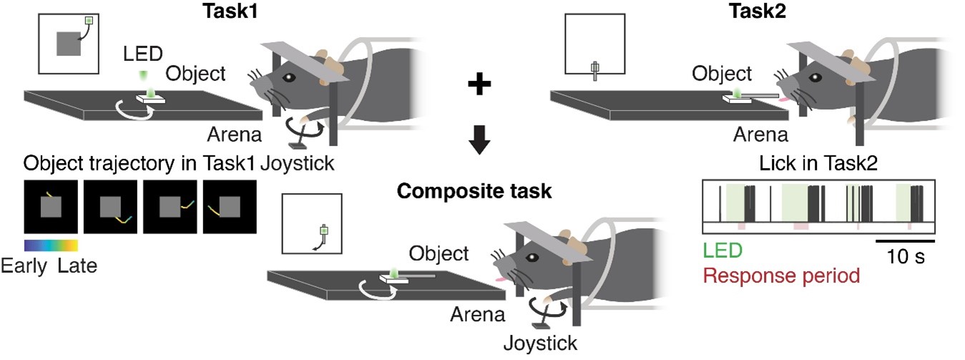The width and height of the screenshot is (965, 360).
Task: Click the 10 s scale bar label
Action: [x=905, y=256]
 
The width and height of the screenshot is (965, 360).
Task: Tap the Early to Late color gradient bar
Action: [x=50, y=245]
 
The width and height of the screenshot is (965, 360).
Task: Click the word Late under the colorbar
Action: [x=77, y=267]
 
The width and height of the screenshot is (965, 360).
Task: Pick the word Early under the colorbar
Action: [x=25, y=267]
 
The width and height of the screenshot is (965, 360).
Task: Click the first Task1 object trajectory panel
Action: [x=50, y=208]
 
